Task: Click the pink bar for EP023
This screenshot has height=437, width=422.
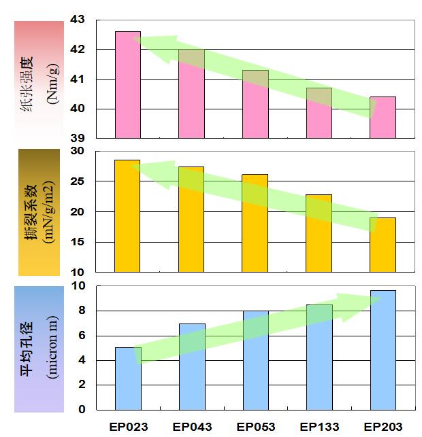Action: pyautogui.click(x=127, y=85)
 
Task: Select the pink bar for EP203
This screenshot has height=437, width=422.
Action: pyautogui.click(x=383, y=118)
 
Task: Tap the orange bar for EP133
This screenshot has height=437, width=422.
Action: pyautogui.click(x=319, y=233)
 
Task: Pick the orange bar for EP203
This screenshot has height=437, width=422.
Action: pyautogui.click(x=383, y=245)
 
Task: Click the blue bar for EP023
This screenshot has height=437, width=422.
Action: pyautogui.click(x=128, y=379)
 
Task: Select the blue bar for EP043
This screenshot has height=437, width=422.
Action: pyautogui.click(x=192, y=367)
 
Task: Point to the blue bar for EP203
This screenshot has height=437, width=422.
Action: pyautogui.click(x=383, y=350)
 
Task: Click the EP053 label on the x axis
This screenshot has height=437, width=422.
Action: pyautogui.click(x=255, y=427)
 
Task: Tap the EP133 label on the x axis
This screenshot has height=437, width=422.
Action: pyautogui.click(x=319, y=427)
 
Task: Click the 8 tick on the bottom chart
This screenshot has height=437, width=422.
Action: pyautogui.click(x=82, y=311)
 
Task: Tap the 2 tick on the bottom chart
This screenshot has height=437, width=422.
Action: pyautogui.click(x=82, y=385)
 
